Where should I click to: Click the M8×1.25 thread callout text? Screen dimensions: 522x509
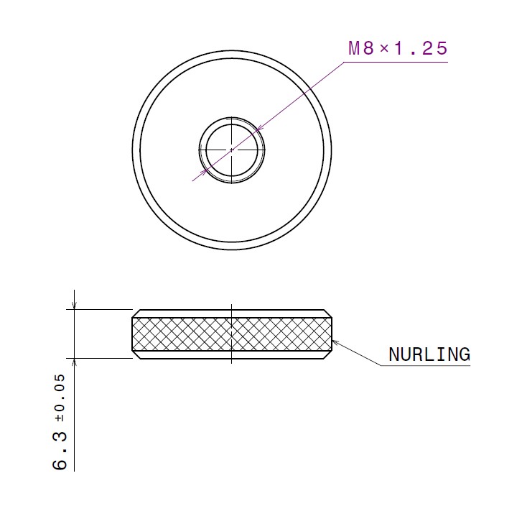coord(398,48)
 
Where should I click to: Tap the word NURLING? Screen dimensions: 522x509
coord(429,354)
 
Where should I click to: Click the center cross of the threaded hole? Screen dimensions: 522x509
coord(232,150)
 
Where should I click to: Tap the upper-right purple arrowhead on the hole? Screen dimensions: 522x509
coord(261,128)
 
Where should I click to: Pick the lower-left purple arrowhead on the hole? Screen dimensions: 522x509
coord(203,173)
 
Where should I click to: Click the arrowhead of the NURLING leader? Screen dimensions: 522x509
coord(335,342)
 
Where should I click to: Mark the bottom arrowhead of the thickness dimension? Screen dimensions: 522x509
coord(74,362)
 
